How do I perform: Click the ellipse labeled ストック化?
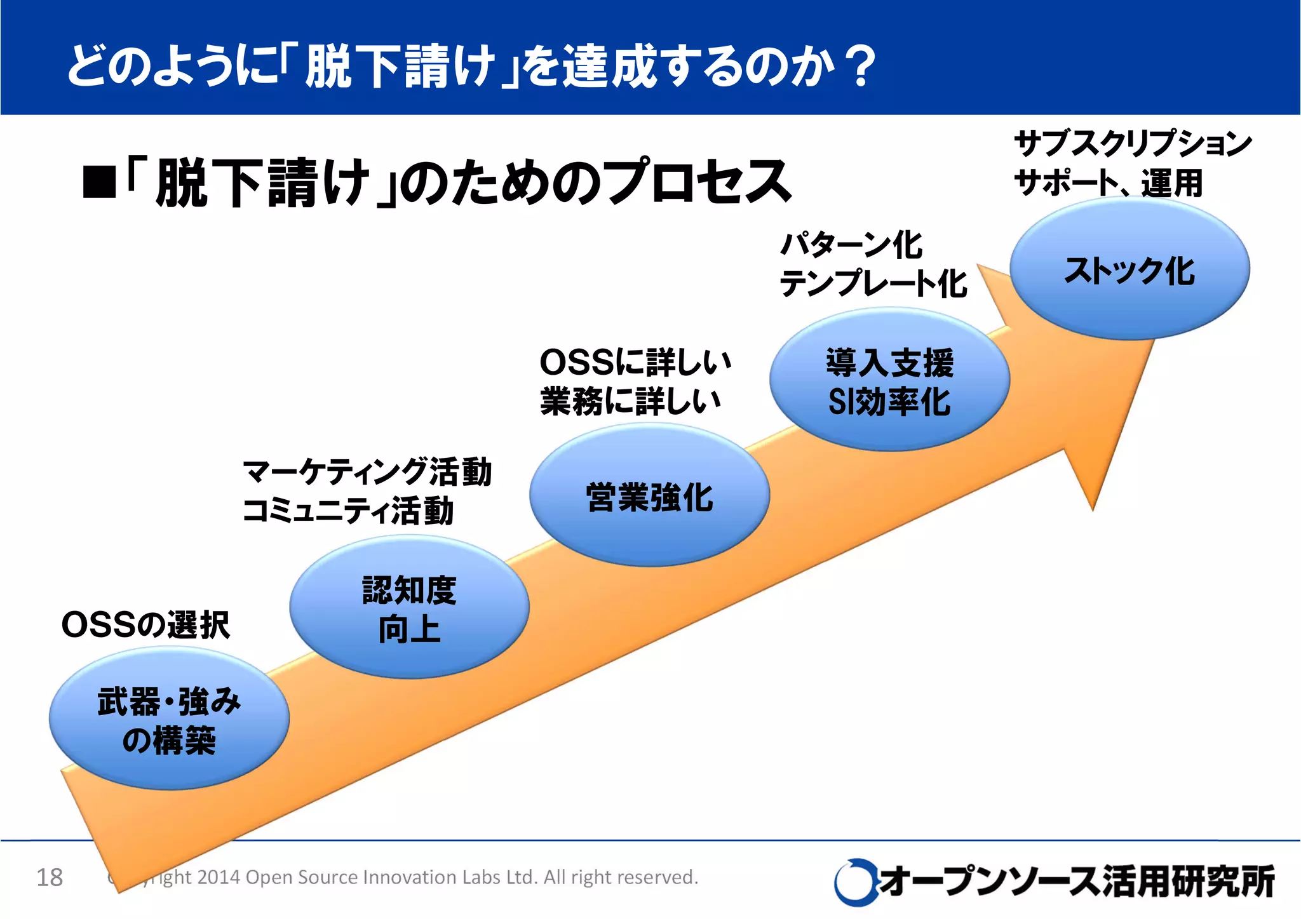[x=1129, y=269]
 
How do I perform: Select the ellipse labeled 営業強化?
[x=649, y=496]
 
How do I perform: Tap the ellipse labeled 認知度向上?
[x=409, y=608]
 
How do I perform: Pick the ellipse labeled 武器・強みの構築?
[x=169, y=720]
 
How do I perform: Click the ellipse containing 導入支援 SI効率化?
[x=889, y=381]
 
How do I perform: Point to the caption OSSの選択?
[x=145, y=625]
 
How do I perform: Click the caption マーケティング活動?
[x=367, y=472]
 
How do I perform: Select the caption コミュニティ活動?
[x=348, y=511]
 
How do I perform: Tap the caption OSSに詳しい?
[x=635, y=362]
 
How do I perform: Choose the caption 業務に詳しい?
[x=630, y=401]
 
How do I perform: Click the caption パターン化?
[x=851, y=245]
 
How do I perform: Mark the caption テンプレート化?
[x=873, y=283]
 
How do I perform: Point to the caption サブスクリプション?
[x=1133, y=144]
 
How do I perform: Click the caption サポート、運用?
[x=1108, y=183]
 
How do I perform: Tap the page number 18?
[x=50, y=878]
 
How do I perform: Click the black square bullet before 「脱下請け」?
[x=99, y=182]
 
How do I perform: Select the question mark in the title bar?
[x=861, y=66]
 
